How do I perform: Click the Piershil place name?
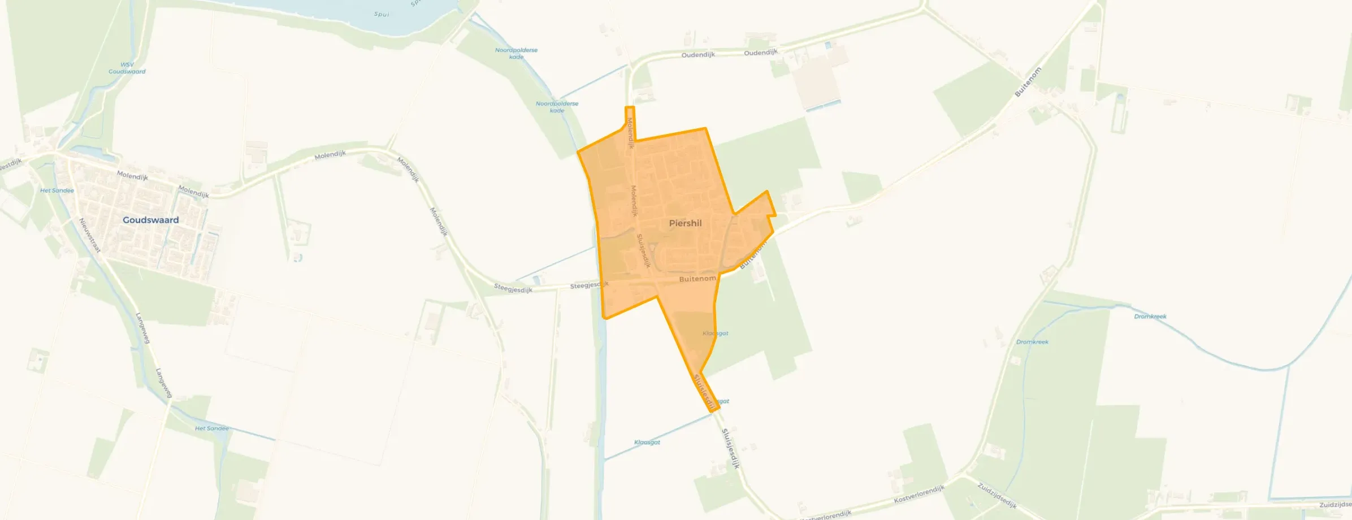pos(685,223)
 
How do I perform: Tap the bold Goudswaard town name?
pos(150,220)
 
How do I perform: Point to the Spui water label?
pos(382,14)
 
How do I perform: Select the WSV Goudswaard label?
pos(127,68)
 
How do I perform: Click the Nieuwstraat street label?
pos(89,235)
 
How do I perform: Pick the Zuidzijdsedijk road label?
pos(997,495)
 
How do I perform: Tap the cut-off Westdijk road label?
pos(10,164)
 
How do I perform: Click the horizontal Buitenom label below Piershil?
pos(697,279)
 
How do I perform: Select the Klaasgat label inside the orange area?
pos(715,333)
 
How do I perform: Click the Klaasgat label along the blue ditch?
pos(647,442)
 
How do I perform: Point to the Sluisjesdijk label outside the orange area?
pos(730,448)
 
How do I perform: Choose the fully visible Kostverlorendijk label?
pos(919,495)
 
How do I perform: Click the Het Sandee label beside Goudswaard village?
pos(57,190)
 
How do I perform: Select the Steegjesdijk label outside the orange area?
pos(513,289)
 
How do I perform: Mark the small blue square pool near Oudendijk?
pos(828,44)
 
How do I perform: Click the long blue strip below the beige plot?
pos(824,105)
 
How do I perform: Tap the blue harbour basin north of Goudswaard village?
pos(90,151)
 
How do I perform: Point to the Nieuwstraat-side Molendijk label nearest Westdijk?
pos(132,176)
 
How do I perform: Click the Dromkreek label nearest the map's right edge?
pos(1150,317)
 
